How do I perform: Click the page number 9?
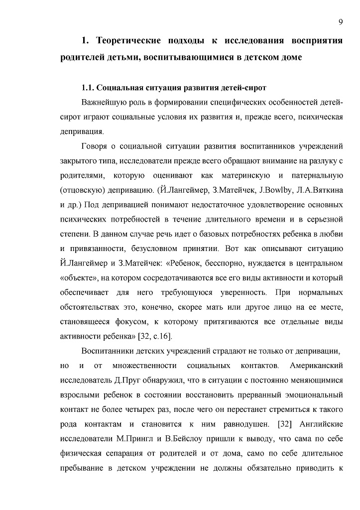pos(340,21)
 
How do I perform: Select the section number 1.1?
pos(88,88)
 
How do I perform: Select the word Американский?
pos(317,366)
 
